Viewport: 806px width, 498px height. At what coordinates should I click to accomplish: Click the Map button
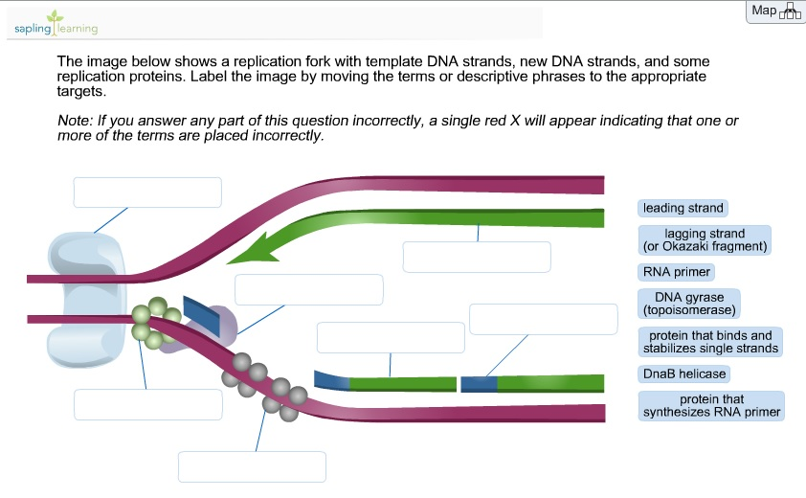774,11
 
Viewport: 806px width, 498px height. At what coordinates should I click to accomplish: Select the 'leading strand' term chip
683,208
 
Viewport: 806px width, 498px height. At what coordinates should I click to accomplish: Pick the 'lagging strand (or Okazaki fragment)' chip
705,239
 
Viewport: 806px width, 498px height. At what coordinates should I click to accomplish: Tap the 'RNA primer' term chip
676,272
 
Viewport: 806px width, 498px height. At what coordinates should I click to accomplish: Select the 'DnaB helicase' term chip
684,373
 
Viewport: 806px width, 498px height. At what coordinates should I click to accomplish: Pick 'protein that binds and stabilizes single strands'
710,342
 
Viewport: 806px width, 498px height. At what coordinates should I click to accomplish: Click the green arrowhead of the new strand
249,251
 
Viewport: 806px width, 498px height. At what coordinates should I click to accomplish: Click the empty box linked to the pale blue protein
147,192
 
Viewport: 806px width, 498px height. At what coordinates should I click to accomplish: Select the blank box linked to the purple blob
308,289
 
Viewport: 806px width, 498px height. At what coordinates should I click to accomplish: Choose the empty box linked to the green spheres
147,404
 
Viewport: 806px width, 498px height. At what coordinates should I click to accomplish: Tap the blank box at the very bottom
252,466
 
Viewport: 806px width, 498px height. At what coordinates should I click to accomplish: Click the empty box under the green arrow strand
477,257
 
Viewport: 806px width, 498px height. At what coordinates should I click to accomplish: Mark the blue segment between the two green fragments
478,384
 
